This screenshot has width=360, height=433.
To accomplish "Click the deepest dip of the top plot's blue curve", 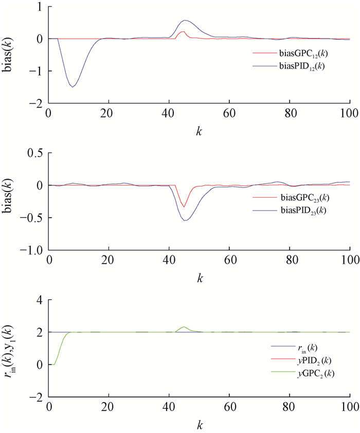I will click(x=73, y=87).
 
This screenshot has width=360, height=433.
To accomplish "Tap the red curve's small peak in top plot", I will click(x=184, y=31).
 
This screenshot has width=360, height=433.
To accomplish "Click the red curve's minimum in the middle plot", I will click(x=184, y=207).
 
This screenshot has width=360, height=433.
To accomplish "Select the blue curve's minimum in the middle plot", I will click(x=185, y=220).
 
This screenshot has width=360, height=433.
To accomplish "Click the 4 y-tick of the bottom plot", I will click(x=40, y=300).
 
